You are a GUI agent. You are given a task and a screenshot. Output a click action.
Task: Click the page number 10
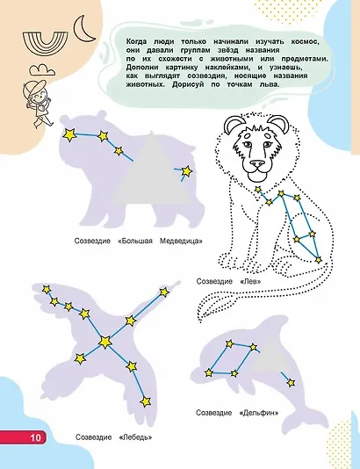(35, 437)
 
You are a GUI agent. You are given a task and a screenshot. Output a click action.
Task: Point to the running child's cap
(35, 87)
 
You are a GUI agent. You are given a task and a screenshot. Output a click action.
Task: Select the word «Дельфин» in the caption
(259, 413)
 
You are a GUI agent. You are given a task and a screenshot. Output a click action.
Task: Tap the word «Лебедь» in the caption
(135, 437)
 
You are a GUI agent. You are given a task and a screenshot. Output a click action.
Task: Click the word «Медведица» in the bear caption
(181, 241)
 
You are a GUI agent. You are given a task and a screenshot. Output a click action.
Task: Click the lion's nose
(257, 164)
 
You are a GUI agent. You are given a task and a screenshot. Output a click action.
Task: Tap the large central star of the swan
(105, 342)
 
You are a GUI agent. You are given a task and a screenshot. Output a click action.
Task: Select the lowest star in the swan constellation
(145, 401)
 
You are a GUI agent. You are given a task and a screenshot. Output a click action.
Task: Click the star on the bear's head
(69, 134)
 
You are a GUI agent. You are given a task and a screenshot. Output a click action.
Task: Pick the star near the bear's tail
(187, 171)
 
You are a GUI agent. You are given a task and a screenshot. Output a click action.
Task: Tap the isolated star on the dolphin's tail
(291, 383)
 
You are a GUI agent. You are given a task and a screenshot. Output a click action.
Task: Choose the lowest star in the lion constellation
(319, 260)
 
